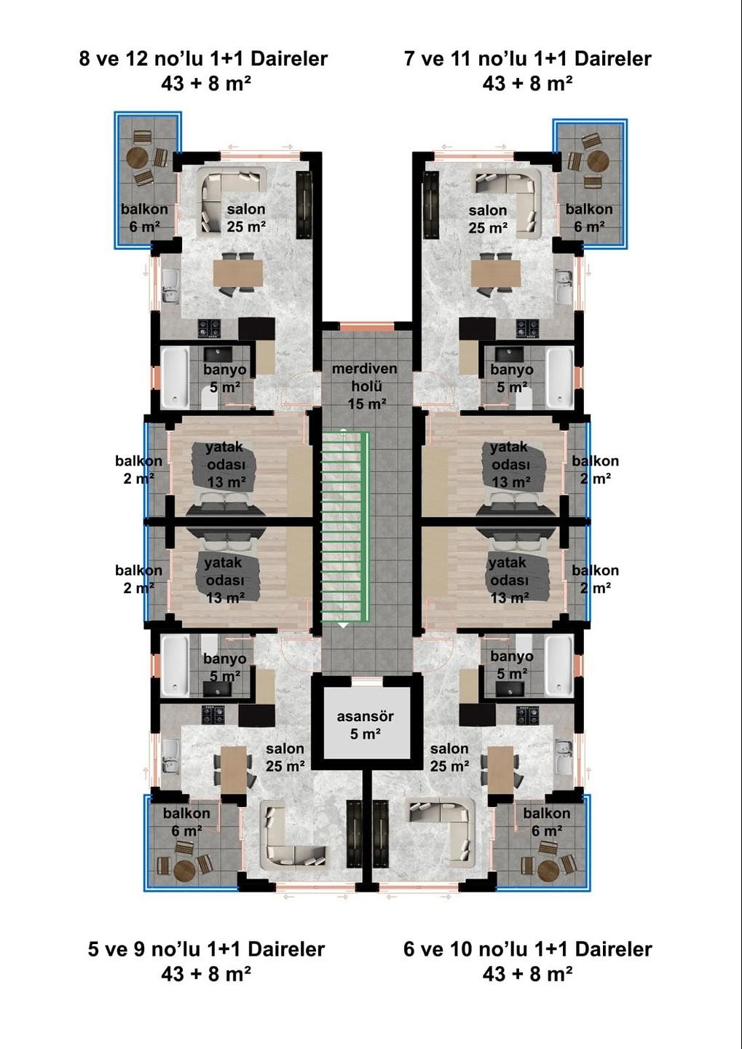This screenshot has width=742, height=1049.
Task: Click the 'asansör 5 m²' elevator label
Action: (x=366, y=725)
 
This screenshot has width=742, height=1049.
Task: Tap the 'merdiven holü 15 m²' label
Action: (x=365, y=386)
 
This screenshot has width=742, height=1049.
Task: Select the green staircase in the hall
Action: (x=344, y=528)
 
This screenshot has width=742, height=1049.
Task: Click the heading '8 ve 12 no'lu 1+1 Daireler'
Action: (x=203, y=58)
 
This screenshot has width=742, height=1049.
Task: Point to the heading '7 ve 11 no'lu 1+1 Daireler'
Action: (x=527, y=58)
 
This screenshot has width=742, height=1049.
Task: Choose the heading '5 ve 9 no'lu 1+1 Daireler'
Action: (x=206, y=948)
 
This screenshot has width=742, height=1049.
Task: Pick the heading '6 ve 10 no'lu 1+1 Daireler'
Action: (x=527, y=948)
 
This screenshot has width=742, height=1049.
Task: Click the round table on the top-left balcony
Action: (x=138, y=158)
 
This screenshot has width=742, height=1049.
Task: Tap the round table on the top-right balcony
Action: (x=598, y=160)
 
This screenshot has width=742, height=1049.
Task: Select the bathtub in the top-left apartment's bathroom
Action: (x=174, y=377)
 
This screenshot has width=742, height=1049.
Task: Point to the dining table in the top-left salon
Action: (x=237, y=273)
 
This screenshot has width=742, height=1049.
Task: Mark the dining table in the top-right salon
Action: (x=495, y=273)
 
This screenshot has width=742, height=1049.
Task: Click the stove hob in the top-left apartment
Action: (x=210, y=329)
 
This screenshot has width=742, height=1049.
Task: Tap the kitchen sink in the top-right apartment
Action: (x=563, y=286)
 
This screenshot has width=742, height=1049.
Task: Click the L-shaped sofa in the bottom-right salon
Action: (x=442, y=830)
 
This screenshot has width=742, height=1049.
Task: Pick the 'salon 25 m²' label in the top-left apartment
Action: (x=245, y=218)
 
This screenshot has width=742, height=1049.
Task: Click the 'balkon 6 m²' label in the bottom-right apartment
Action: (x=545, y=822)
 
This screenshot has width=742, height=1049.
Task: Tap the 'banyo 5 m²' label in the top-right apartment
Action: (x=511, y=378)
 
